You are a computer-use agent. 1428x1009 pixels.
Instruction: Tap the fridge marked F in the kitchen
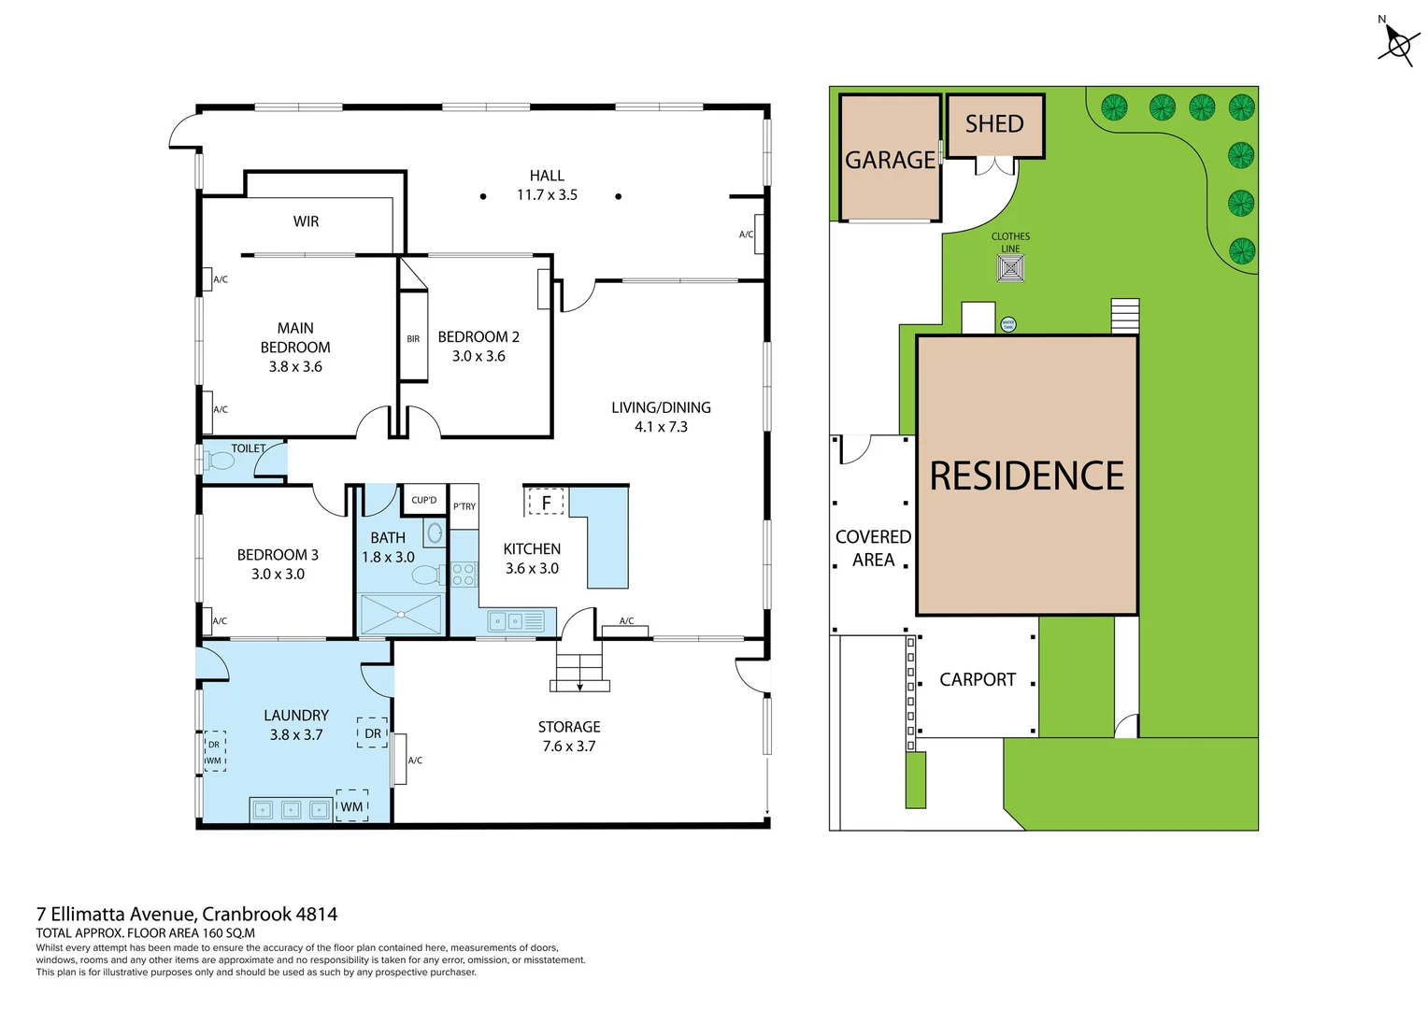[547, 503]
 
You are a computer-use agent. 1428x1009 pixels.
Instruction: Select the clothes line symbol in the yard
[1010, 269]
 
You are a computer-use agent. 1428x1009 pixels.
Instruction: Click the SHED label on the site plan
[994, 124]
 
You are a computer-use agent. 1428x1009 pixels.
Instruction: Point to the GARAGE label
[890, 161]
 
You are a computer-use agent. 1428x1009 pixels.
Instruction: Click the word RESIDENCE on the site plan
[1026, 476]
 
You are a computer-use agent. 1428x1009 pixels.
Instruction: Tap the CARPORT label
[977, 680]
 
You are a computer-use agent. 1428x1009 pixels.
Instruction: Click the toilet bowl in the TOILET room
[221, 461]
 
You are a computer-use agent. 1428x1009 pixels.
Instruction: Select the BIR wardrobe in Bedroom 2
[413, 338]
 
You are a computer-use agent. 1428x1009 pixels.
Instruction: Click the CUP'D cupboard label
[423, 501]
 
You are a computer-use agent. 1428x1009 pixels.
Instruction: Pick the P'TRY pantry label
[464, 506]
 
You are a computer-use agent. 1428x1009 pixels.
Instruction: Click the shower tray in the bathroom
[401, 615]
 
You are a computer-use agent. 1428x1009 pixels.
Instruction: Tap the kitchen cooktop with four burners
[464, 575]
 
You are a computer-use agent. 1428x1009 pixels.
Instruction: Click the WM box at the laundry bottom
[351, 806]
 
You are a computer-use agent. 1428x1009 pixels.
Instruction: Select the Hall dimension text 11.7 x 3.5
[547, 195]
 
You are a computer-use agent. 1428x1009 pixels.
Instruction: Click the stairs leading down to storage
[579, 669]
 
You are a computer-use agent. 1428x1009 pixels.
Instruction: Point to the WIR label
[306, 221]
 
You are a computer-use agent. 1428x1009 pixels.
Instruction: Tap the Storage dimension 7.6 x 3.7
[568, 746]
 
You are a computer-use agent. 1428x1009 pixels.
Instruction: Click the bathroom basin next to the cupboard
[435, 533]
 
